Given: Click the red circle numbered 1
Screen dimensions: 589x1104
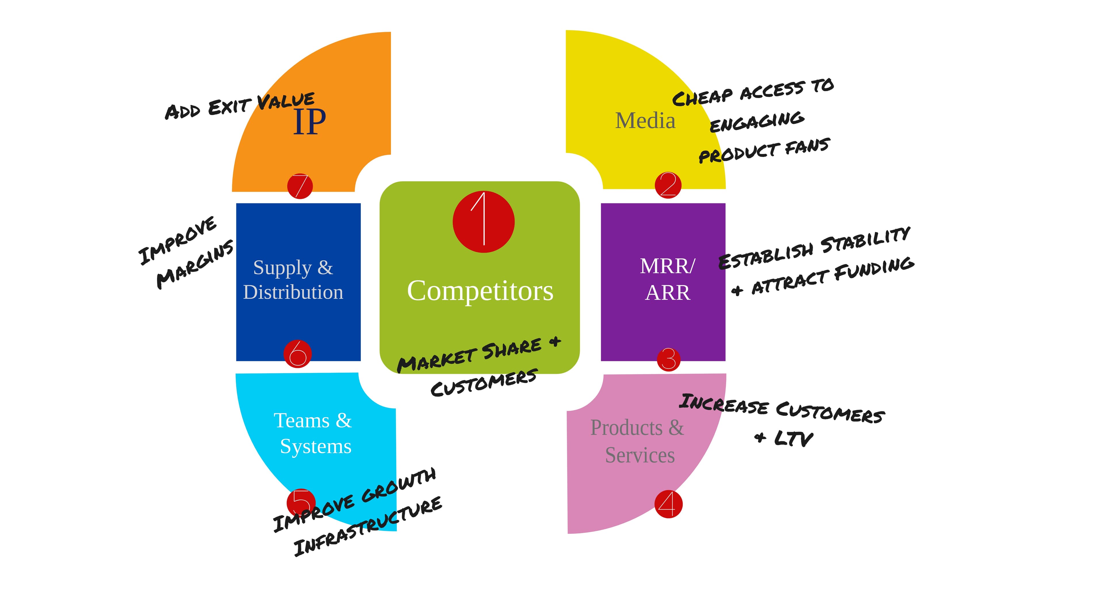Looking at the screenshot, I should tap(483, 222).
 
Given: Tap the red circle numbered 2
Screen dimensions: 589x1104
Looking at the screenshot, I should tap(668, 185).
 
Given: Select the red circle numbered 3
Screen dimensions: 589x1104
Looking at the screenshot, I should tap(668, 359).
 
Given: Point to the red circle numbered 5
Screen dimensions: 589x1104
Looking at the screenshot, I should tap(301, 502).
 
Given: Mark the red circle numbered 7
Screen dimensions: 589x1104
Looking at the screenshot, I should tap(300, 186).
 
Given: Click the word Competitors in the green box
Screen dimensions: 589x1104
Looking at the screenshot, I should tap(480, 291).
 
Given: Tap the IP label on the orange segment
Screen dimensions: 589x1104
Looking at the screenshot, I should tap(309, 122).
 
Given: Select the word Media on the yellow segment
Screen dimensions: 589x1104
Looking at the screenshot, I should tap(645, 121).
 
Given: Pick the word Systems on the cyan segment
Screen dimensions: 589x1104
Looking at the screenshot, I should tap(315, 447).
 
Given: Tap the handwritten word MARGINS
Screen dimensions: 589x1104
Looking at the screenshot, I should tap(195, 265).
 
